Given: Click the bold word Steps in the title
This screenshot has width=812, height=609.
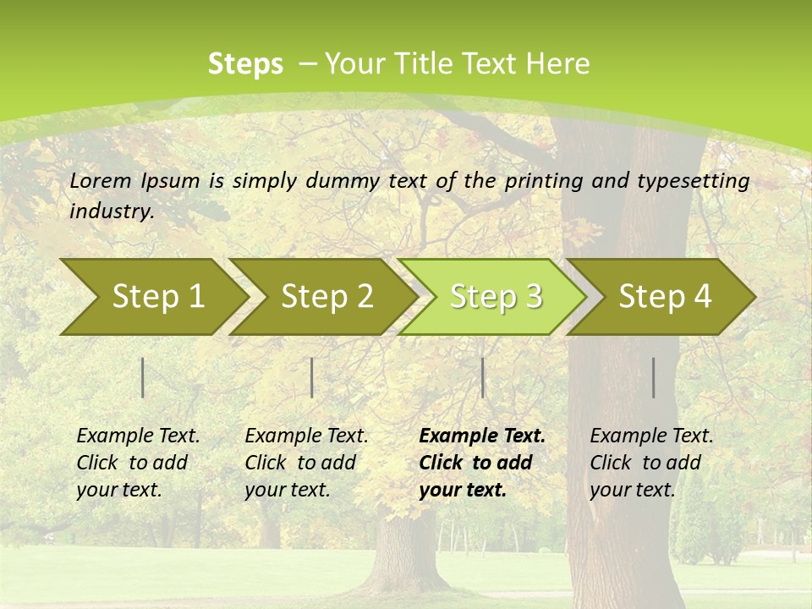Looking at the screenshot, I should pyautogui.click(x=245, y=64).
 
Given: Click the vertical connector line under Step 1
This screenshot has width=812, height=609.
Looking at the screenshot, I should pyautogui.click(x=143, y=377).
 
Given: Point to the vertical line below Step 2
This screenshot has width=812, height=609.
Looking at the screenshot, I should pyautogui.click(x=312, y=377).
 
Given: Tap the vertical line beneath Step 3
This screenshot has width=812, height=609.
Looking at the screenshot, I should pyautogui.click(x=482, y=377).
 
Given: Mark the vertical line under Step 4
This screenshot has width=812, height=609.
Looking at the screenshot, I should pyautogui.click(x=653, y=377).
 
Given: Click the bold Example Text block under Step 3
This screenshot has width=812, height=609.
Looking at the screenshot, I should pyautogui.click(x=482, y=463).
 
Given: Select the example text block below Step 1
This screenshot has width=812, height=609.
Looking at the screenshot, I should pyautogui.click(x=138, y=463).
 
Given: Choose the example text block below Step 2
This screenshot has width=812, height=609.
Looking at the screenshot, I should pyautogui.click(x=306, y=463).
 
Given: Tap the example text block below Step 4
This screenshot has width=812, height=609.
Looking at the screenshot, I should pyautogui.click(x=651, y=463).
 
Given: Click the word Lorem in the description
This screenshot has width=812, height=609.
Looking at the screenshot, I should pyautogui.click(x=101, y=180).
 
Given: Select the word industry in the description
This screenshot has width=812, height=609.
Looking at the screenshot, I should pyautogui.click(x=112, y=211).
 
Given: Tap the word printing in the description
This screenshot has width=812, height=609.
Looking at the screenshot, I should pyautogui.click(x=544, y=181).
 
